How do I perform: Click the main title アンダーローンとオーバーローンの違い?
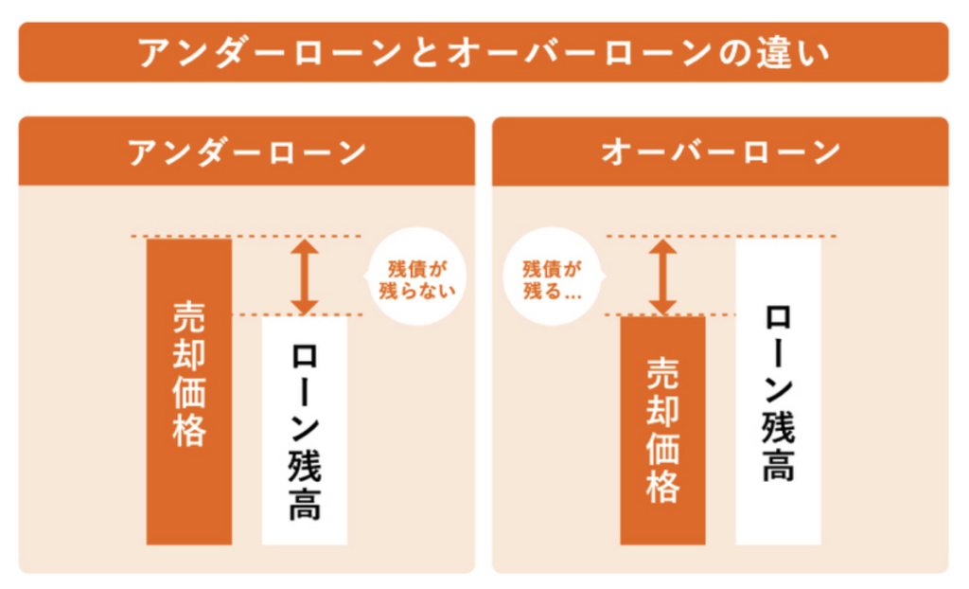tap(484, 52)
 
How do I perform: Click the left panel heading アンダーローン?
tap(247, 152)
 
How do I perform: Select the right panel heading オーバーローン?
tap(720, 152)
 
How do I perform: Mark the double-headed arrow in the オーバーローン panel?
tap(662, 276)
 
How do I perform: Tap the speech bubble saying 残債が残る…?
tap(552, 277)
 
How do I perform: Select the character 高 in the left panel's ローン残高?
tap(304, 503)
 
